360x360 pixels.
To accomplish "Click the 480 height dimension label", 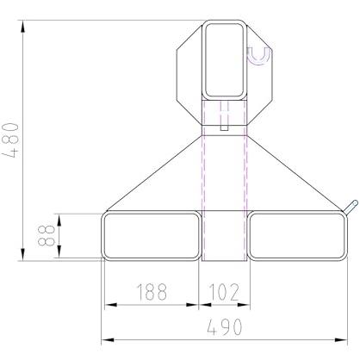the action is pyautogui.click(x=10, y=140).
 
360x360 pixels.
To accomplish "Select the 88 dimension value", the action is pyautogui.click(x=46, y=236).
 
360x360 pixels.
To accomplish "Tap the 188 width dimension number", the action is pyautogui.click(x=152, y=292).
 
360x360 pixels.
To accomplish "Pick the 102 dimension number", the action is pyautogui.click(x=224, y=292).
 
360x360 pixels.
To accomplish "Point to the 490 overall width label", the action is pyautogui.click(x=225, y=327).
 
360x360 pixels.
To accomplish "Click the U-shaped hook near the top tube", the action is pyautogui.click(x=259, y=56).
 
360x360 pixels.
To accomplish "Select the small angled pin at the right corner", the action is pyautogui.click(x=351, y=207).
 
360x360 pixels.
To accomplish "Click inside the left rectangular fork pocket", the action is pyautogui.click(x=152, y=236).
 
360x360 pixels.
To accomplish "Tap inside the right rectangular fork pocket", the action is pyautogui.click(x=297, y=236).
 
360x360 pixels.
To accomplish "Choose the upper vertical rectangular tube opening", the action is pyautogui.click(x=225, y=59).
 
